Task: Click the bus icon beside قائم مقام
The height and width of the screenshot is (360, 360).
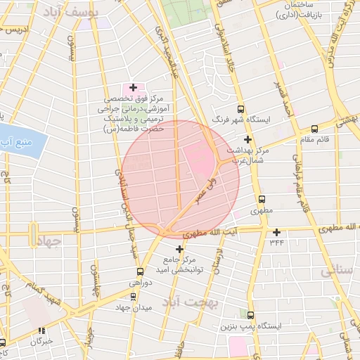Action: click(314, 129)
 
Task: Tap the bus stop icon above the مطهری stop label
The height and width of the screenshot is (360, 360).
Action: click(262, 199)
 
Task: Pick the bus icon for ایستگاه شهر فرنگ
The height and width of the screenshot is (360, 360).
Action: click(241, 109)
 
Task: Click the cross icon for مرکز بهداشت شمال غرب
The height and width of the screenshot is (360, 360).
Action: click(247, 139)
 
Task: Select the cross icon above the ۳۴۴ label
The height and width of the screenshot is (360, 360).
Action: click(277, 232)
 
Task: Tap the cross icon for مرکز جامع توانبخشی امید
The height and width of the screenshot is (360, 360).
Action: click(179, 249)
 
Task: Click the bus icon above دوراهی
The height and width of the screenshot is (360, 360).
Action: click(140, 271)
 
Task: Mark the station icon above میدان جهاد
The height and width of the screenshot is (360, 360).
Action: click(133, 296)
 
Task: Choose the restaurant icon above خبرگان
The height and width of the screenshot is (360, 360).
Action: click(41, 329)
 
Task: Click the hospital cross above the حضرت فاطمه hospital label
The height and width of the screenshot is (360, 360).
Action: click(133, 87)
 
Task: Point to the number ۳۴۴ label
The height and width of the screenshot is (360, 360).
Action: click(277, 243)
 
